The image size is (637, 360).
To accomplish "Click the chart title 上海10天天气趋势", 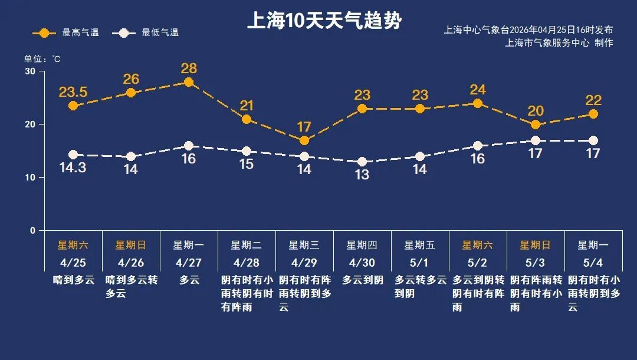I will (324, 21).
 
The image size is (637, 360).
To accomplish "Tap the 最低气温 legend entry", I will (149, 32).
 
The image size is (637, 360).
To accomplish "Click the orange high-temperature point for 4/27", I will (189, 82).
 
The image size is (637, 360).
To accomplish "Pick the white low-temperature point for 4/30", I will (362, 162).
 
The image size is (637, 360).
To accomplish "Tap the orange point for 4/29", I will (304, 140).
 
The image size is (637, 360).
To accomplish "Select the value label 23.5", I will (73, 92).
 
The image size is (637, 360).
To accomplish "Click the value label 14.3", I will (73, 168).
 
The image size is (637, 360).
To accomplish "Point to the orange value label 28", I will (189, 68).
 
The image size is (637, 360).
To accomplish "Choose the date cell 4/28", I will (247, 263).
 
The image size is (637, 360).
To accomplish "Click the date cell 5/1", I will (420, 263).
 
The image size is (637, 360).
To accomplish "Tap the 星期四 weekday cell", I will (362, 245).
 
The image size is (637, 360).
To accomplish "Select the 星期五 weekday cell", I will (420, 245).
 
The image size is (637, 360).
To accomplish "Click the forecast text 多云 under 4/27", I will (189, 280).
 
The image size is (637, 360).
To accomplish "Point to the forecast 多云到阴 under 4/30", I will (362, 280).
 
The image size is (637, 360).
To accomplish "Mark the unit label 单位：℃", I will (42, 59).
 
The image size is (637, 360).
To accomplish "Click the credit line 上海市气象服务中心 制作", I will (559, 42).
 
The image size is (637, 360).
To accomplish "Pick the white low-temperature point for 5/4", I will (593, 140).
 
